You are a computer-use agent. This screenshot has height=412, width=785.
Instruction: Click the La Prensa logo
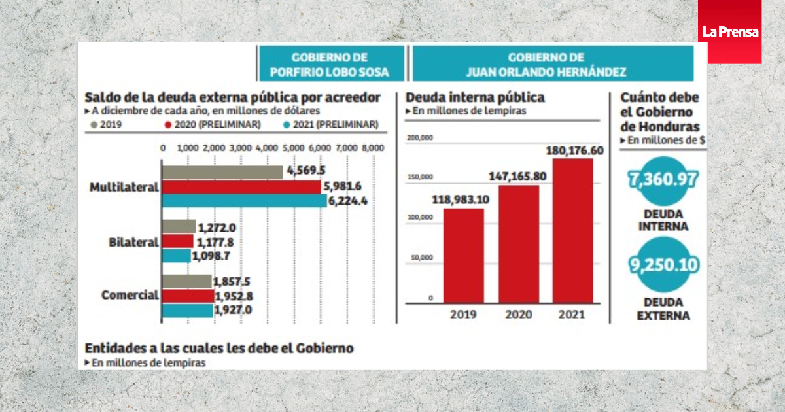tap(729, 31)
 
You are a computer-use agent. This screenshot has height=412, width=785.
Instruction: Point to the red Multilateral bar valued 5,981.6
tap(241, 186)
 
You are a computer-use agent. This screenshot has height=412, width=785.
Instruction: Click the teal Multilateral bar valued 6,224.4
tap(244, 201)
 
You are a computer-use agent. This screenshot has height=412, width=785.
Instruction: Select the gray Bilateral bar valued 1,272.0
tap(179, 227)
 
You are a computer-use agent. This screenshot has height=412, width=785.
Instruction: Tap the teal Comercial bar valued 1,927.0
tap(187, 310)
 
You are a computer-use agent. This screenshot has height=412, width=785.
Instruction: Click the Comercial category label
tap(130, 295)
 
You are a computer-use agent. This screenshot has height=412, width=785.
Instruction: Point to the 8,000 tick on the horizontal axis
tap(373, 148)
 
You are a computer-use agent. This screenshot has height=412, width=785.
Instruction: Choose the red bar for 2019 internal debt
tap(464, 256)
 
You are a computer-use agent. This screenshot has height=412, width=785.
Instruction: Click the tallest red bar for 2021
tap(572, 231)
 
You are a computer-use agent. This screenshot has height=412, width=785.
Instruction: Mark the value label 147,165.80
tap(517, 176)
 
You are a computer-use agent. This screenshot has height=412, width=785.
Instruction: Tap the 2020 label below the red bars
tap(518, 315)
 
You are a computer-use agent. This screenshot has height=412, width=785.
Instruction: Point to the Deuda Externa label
tap(663, 309)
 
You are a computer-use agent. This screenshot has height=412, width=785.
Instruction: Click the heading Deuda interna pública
tap(475, 97)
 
